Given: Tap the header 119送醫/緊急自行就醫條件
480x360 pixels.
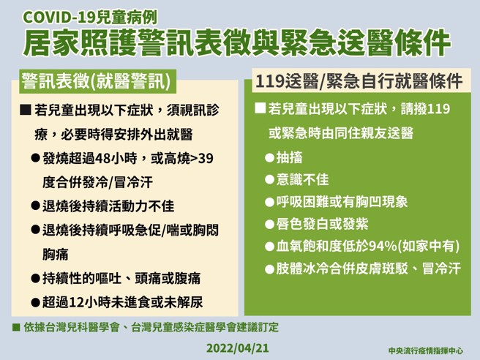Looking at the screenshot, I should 359,80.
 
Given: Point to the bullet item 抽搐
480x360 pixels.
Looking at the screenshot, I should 290,158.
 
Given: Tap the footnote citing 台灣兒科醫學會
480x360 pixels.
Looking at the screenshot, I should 150,326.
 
